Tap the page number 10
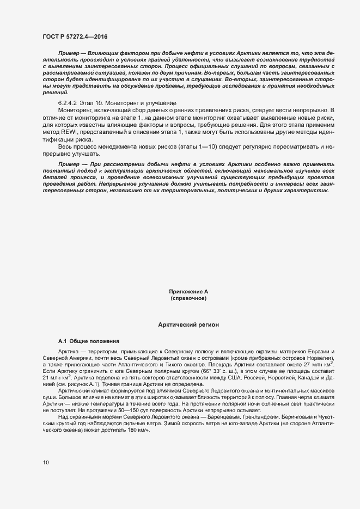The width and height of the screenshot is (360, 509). tap(45, 462)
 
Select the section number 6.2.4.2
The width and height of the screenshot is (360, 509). tap(69, 103)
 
